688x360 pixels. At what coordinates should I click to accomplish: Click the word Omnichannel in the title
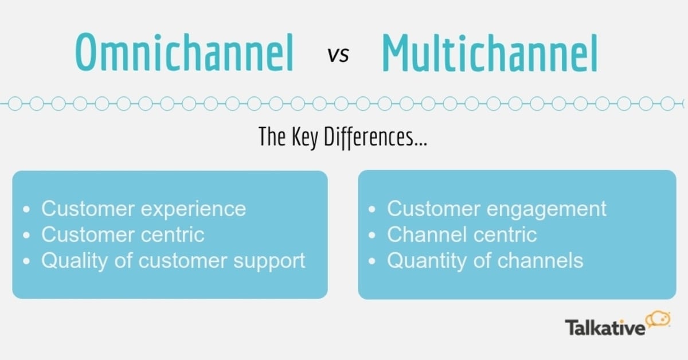(x=185, y=53)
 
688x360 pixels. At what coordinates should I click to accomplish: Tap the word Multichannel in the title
(x=489, y=53)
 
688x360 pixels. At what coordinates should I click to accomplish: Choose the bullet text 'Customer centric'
(x=123, y=234)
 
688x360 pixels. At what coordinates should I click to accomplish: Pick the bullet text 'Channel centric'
(x=462, y=234)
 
